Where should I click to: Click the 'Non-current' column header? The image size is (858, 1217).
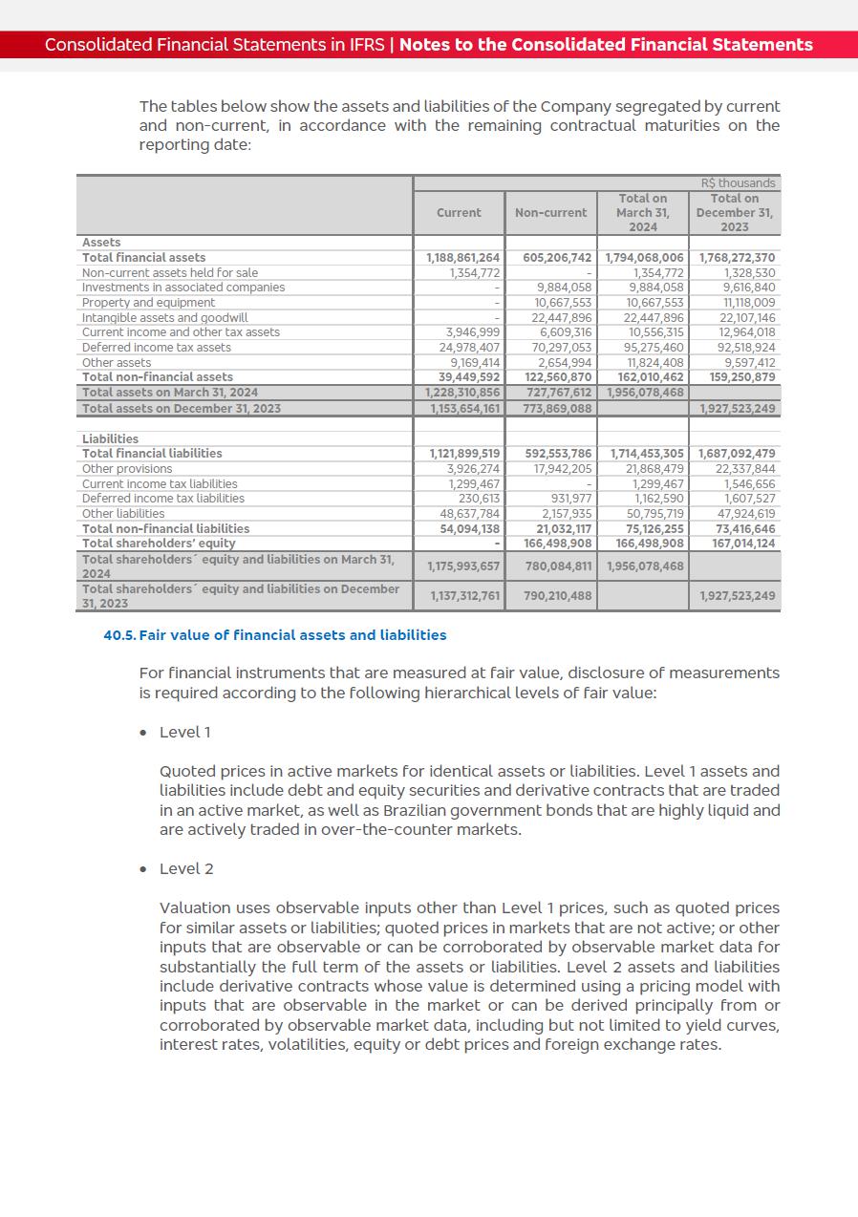pos(550,213)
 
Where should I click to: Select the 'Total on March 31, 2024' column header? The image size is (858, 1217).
pos(642,213)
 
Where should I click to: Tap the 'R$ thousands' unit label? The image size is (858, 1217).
pos(739,183)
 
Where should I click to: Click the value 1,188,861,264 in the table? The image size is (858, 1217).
pos(463,258)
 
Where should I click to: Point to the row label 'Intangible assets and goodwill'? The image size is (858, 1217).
pos(164,317)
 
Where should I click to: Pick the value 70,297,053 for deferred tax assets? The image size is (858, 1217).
pos(561,348)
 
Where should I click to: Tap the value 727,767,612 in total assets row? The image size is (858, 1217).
pos(559,393)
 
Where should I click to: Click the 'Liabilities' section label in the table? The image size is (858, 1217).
pos(110,439)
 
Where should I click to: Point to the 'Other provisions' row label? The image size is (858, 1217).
pos(127,469)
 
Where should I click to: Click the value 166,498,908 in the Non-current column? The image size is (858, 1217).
pos(559,544)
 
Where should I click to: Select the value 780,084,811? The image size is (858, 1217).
pos(559,566)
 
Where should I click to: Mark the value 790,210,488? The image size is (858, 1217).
pos(559,596)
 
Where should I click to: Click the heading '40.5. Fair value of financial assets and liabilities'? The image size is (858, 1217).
pos(275,635)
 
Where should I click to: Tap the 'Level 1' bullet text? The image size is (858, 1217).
pos(185,733)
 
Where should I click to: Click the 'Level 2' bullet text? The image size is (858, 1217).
pos(186,869)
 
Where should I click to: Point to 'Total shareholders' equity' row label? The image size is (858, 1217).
pos(159,544)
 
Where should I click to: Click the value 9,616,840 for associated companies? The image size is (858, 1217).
pos(749,288)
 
